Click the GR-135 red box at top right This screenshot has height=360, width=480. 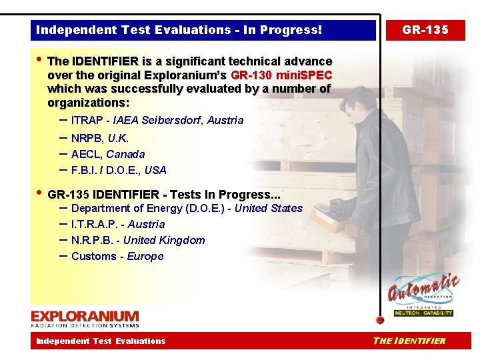coord(425,30)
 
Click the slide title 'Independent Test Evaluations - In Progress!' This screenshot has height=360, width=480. coord(179,30)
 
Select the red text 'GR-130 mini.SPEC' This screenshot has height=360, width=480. coord(281,75)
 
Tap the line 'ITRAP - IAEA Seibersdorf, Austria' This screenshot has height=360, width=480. coord(157,121)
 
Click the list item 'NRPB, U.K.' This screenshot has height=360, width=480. coord(99,138)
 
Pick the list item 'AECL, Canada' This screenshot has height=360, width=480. coord(107,154)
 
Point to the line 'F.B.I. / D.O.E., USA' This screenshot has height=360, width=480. coord(118,170)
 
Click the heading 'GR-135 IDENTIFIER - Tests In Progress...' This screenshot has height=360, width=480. coord(164,195)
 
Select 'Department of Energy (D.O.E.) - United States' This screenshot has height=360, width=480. coord(186,208)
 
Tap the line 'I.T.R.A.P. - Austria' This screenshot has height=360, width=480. coord(117,224)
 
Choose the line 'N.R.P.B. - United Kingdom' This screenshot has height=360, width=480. coord(137,240)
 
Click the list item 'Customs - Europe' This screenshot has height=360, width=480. coord(117,256)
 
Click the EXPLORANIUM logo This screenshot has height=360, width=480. coord(85,318)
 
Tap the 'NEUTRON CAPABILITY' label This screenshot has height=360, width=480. coord(423,313)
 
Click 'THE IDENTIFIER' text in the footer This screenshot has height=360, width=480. coord(409,341)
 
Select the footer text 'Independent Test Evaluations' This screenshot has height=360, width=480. coord(101,341)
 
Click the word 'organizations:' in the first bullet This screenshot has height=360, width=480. coord(89,103)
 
